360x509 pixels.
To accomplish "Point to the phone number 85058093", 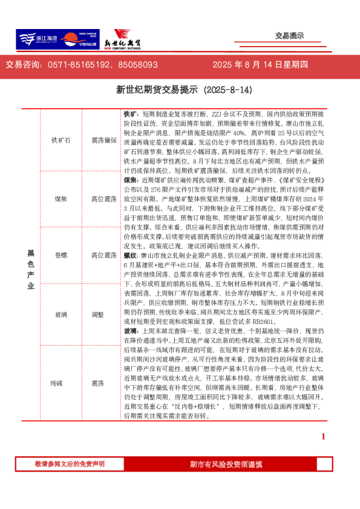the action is click(x=138, y=65).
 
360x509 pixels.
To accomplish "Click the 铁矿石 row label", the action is click(x=62, y=140).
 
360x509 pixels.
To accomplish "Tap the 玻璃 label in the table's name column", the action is click(x=62, y=314).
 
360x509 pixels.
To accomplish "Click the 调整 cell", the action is click(x=97, y=314).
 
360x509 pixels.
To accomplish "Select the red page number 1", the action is click(x=324, y=436).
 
